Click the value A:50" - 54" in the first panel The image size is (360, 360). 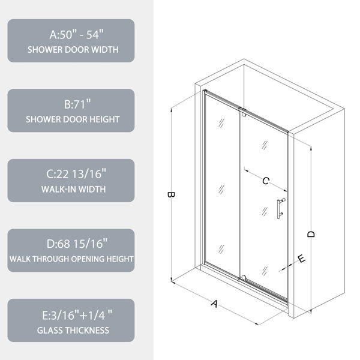pyautogui.click(x=77, y=34)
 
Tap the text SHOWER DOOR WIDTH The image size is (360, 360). pyautogui.click(x=73, y=50)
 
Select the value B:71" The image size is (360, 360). pyautogui.click(x=77, y=104)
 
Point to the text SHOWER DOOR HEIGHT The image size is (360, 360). pyautogui.click(x=73, y=119)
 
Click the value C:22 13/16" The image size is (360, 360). pyautogui.click(x=76, y=174)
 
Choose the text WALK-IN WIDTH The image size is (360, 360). pyautogui.click(x=73, y=189)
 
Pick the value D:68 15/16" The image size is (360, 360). pyautogui.click(x=77, y=244)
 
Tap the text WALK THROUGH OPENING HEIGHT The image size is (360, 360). pyautogui.click(x=71, y=259)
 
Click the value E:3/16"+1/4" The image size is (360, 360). pyautogui.click(x=77, y=315)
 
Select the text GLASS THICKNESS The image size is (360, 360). pyautogui.click(x=73, y=331)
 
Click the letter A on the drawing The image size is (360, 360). pyautogui.click(x=214, y=304)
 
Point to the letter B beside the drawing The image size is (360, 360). pyautogui.click(x=171, y=194)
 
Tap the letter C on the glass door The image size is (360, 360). pyautogui.click(x=266, y=181)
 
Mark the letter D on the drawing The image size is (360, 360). pyautogui.click(x=311, y=234)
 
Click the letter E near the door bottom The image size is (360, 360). pyautogui.click(x=301, y=259)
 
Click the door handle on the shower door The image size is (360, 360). pyautogui.click(x=280, y=208)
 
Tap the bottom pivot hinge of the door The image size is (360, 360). pyautogui.click(x=243, y=278)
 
